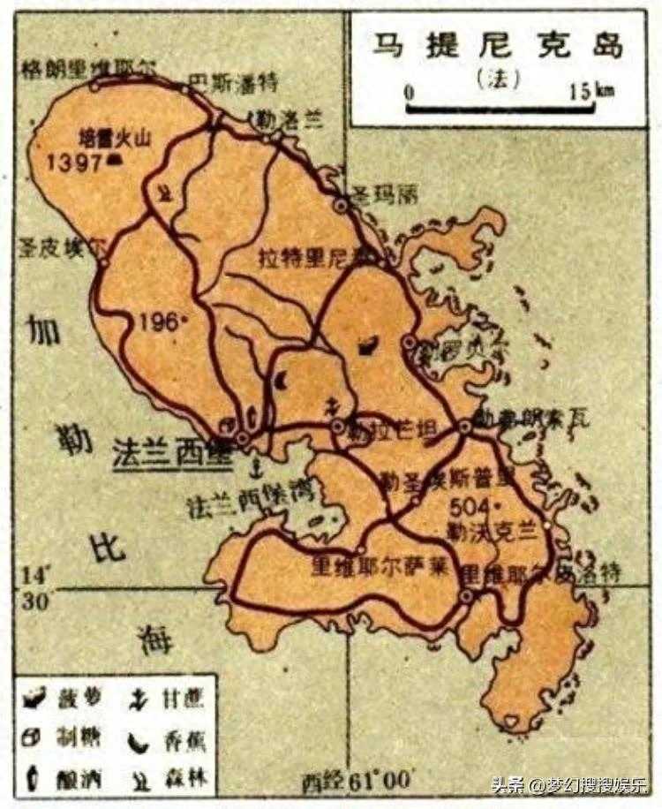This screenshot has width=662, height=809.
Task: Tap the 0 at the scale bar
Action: coord(409,91)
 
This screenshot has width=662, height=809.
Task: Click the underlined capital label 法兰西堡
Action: coord(171,452)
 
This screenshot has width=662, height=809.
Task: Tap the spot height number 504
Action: coord(470,508)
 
